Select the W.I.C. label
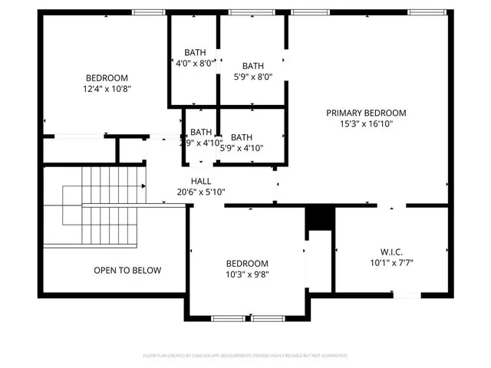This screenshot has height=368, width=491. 391,251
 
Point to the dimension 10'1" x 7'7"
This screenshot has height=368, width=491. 391,262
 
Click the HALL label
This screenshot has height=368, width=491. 201,182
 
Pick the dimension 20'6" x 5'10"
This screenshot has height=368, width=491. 201,192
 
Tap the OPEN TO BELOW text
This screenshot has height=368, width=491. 127,270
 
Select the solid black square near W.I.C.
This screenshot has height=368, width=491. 316,219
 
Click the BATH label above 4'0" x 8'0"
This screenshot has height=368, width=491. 194,52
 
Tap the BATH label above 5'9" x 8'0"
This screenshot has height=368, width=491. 253,66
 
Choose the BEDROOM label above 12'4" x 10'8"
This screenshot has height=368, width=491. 107,77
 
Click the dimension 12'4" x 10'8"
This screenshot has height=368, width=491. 107,88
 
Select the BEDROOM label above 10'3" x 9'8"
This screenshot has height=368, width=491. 247,263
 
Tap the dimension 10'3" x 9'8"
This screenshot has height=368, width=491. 247,274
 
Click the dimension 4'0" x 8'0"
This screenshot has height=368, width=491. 194,63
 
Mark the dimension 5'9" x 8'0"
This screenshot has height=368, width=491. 253,77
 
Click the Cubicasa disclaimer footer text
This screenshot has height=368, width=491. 245,356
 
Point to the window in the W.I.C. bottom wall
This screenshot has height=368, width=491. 406,294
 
